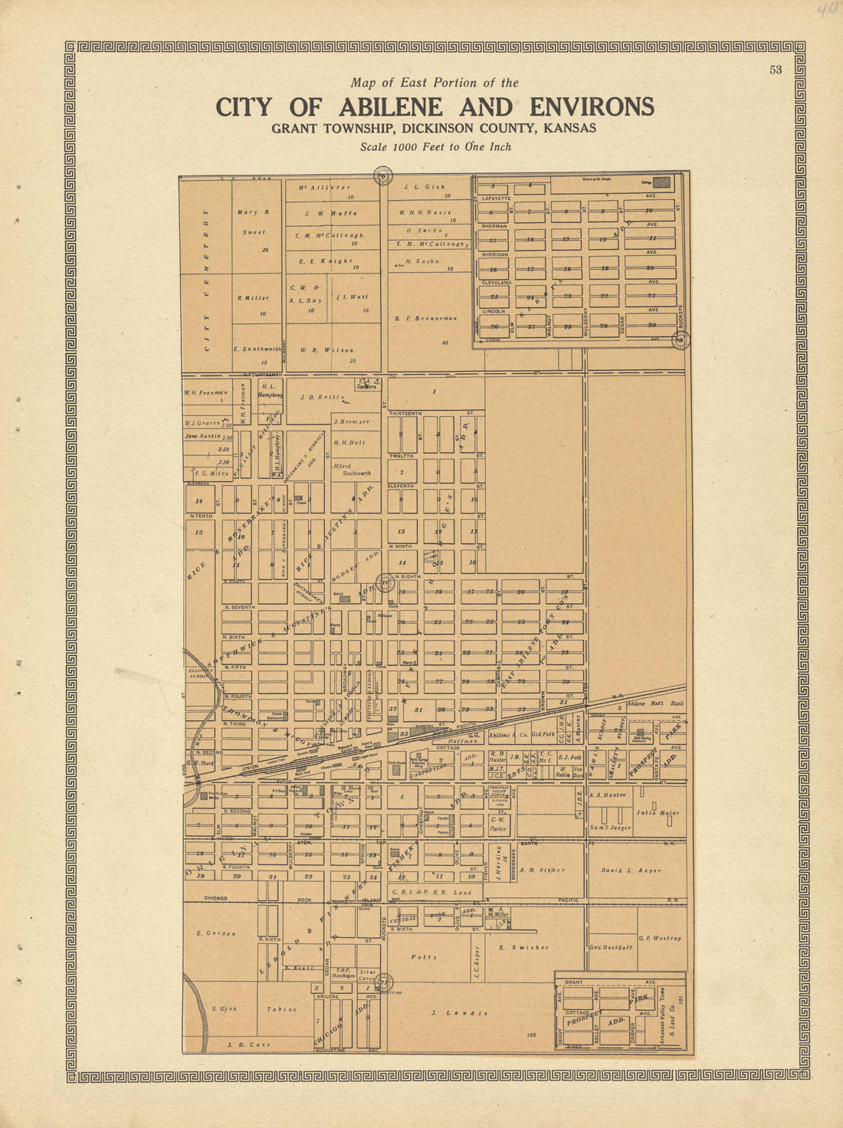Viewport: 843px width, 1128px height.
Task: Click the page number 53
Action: (x=776, y=70)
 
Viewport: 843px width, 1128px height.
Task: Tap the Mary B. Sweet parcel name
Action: (x=254, y=221)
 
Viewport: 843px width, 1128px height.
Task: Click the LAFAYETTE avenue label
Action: (x=496, y=198)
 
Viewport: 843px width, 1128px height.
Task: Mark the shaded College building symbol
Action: (x=661, y=182)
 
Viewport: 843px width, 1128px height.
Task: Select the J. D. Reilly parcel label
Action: (x=320, y=397)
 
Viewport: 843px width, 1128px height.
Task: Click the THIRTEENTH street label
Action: (x=405, y=413)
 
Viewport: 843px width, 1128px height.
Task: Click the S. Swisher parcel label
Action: (x=523, y=947)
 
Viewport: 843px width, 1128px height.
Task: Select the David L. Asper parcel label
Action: (x=631, y=871)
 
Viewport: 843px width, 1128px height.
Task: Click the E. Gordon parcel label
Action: (x=216, y=933)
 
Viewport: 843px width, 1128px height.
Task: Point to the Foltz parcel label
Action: (x=423, y=956)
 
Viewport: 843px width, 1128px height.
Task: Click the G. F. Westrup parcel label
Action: (x=660, y=938)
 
